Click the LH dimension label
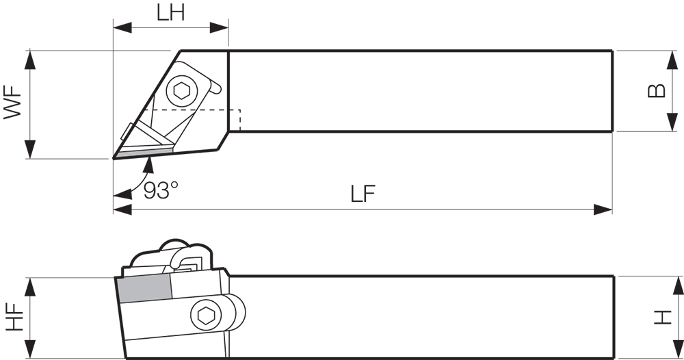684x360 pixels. tap(171, 12)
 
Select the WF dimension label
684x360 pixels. tap(12, 102)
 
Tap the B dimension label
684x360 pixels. tap(656, 90)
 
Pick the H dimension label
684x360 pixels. tap(663, 317)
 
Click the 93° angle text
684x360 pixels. tap(161, 190)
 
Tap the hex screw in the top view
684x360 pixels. tap(181, 91)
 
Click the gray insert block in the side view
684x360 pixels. tap(144, 288)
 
